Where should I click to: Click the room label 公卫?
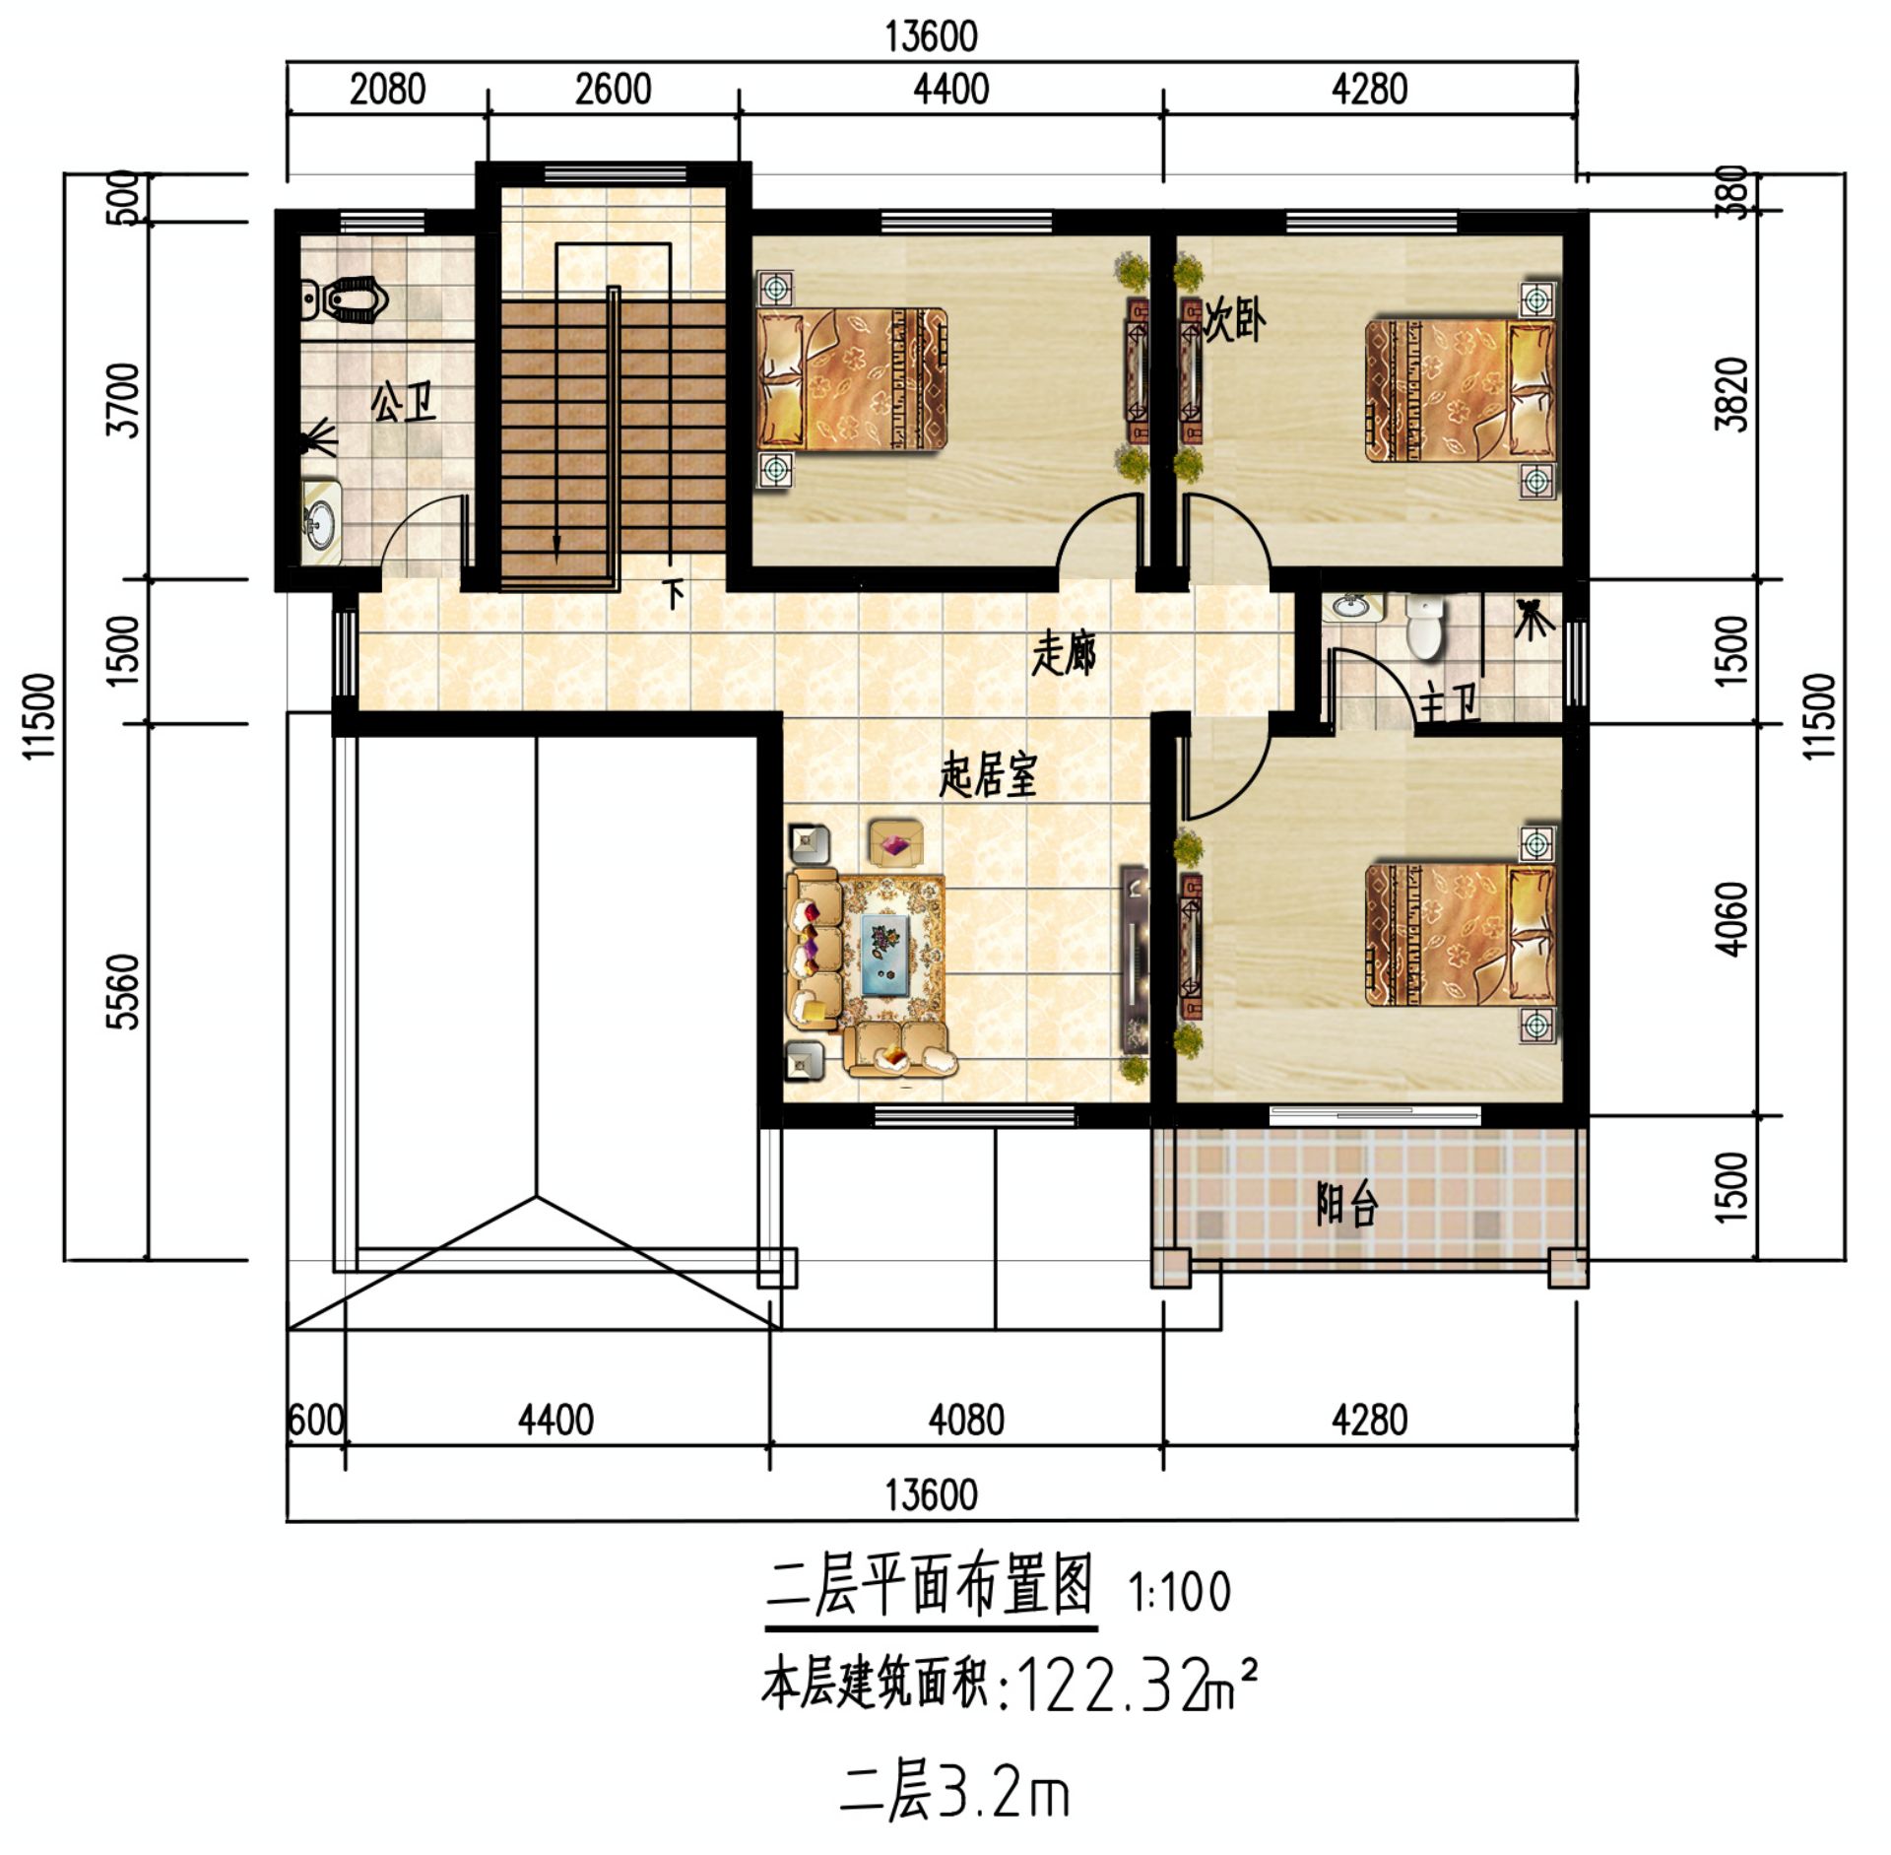pyautogui.click(x=404, y=402)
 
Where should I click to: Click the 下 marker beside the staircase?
pyautogui.click(x=675, y=593)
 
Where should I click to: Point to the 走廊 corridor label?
pyautogui.click(x=1065, y=654)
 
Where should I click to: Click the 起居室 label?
pyautogui.click(x=988, y=775)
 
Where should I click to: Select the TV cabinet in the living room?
pyautogui.click(x=1136, y=960)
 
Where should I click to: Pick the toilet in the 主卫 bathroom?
pyautogui.click(x=1424, y=626)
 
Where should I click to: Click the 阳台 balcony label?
pyautogui.click(x=1346, y=1204)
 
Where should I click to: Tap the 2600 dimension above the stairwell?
pyautogui.click(x=613, y=90)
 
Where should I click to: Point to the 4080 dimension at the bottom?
pyautogui.click(x=966, y=1420)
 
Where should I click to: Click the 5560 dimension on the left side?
pyautogui.click(x=125, y=991)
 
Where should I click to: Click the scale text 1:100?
pyautogui.click(x=1180, y=1592)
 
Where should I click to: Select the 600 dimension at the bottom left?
pyautogui.click(x=315, y=1421)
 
